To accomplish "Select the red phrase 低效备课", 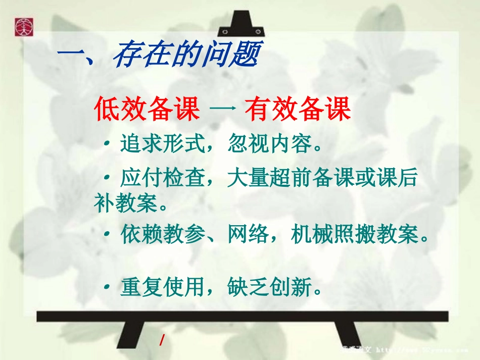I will pyautogui.click(x=147, y=110).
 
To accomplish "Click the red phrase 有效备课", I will pyautogui.click(x=298, y=110).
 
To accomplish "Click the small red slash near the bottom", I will pyautogui.click(x=162, y=340).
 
